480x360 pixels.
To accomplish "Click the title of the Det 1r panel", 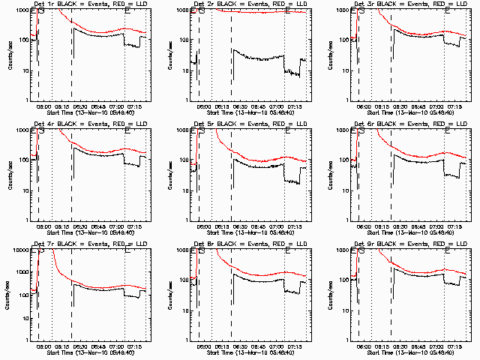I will pyautogui.click(x=89, y=4).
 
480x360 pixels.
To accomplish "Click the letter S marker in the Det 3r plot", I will pyautogui.click(x=361, y=11).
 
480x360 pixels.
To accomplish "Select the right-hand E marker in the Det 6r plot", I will pyautogui.click(x=448, y=131).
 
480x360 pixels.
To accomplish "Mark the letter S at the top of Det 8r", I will pyautogui.click(x=201, y=251).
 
